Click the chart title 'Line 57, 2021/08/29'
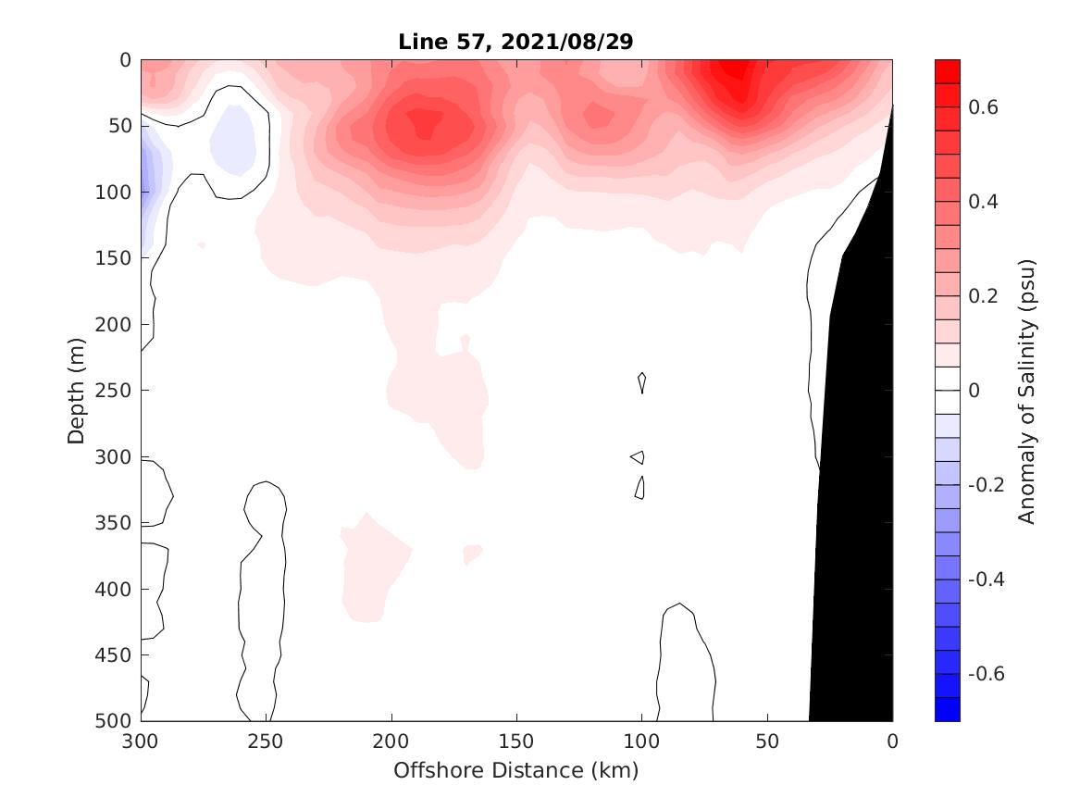point(515,43)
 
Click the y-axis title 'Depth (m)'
point(77,390)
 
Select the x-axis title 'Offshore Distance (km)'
point(515,770)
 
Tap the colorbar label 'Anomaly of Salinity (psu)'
point(1026,391)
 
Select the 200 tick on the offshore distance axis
point(391,742)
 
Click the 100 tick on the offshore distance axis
point(642,742)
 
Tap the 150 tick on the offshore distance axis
point(516,742)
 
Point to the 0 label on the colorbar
point(974,391)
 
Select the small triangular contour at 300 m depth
point(638,456)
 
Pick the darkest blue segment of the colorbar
point(948,709)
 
